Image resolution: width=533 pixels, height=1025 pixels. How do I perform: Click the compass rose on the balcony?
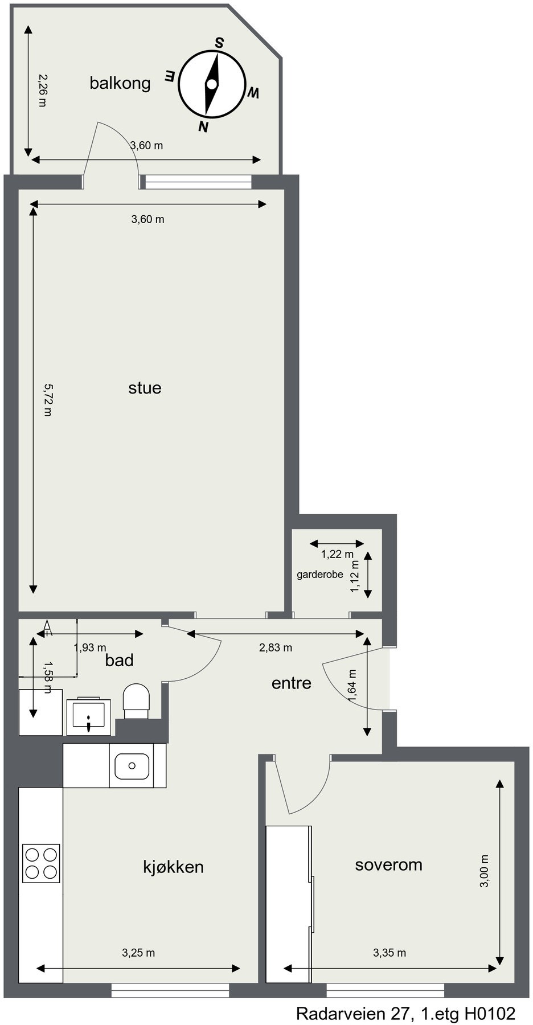click(x=212, y=84)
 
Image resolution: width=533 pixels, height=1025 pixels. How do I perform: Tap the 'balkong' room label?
click(x=120, y=83)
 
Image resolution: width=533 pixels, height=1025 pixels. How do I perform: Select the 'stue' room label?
click(x=145, y=388)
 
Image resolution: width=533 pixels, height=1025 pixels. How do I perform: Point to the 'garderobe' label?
click(x=319, y=575)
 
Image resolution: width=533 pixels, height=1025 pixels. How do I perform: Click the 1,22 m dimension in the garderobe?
click(x=337, y=554)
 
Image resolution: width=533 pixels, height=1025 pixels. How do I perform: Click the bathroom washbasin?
click(x=88, y=715)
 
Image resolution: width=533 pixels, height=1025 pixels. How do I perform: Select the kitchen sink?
click(x=132, y=766)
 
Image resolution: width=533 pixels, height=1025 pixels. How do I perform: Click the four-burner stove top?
click(x=41, y=863)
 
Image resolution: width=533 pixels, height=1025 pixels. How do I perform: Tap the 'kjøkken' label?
click(x=173, y=867)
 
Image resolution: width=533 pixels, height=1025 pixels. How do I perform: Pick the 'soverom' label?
click(x=388, y=865)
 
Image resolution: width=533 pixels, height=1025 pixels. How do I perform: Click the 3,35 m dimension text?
click(x=389, y=952)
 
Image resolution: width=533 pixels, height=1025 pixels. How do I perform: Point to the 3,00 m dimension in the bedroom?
click(x=484, y=871)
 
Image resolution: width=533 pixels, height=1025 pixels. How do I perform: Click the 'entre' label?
click(x=291, y=683)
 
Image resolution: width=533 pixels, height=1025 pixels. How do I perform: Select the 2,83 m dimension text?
click(x=276, y=647)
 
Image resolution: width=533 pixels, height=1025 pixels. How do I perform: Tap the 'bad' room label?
click(x=120, y=660)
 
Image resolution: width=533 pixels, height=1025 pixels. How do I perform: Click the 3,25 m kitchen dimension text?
click(x=138, y=952)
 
